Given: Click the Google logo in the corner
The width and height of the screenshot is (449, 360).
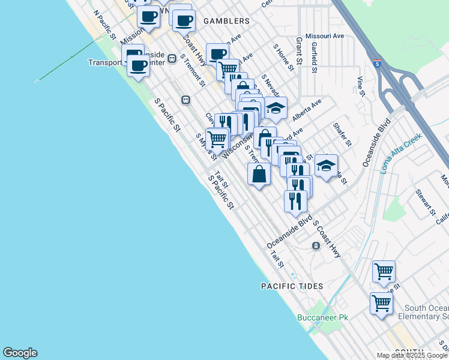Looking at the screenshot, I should (x=20, y=353).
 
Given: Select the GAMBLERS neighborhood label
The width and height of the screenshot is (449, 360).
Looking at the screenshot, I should (x=226, y=21).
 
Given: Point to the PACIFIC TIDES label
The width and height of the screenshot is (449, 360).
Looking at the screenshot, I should (x=292, y=286).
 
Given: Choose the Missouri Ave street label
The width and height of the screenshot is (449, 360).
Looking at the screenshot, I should (x=325, y=36).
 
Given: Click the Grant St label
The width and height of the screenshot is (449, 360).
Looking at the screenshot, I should (x=298, y=51).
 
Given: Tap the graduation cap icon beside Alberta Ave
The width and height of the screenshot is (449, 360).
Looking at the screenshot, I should (x=276, y=109).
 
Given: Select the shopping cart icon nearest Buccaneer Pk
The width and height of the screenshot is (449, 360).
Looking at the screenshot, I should (x=381, y=304).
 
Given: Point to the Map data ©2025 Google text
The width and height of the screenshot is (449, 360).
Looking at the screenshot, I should (x=412, y=355).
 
